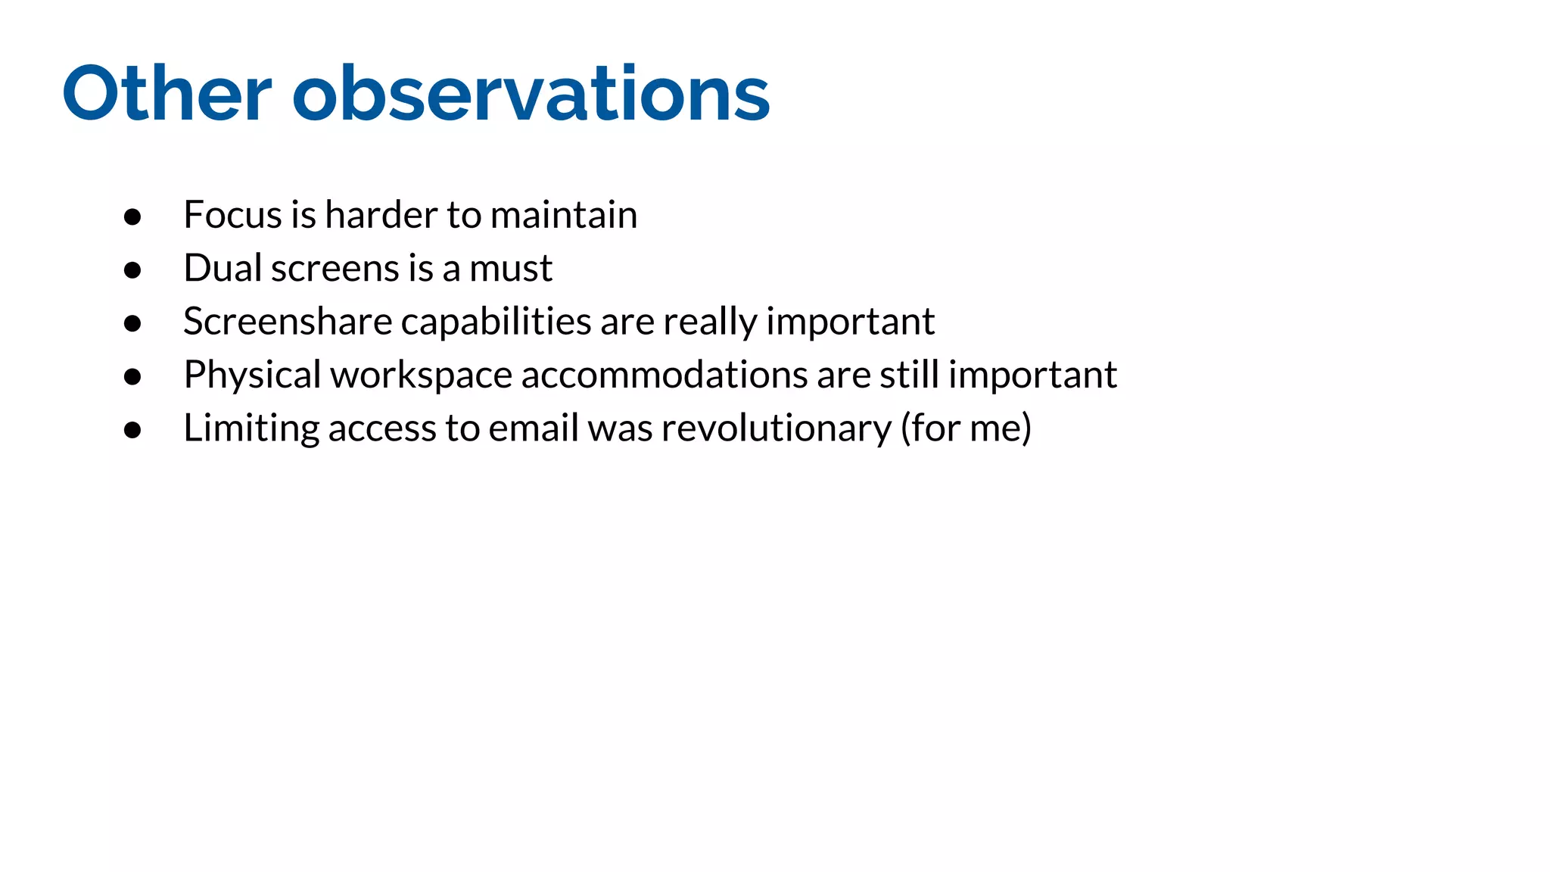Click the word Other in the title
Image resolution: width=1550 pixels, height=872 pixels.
click(167, 94)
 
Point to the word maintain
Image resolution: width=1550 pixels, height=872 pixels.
click(563, 215)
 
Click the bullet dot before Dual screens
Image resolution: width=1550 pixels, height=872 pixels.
click(132, 270)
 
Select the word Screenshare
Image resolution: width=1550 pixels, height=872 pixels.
click(288, 322)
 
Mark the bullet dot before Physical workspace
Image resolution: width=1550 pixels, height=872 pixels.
click(132, 377)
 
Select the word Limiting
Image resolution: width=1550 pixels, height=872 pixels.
click(251, 429)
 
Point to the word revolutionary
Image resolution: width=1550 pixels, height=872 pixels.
click(777, 429)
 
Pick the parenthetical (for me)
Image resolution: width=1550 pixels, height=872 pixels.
click(966, 428)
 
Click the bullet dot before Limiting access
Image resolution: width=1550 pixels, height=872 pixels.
click(132, 431)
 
